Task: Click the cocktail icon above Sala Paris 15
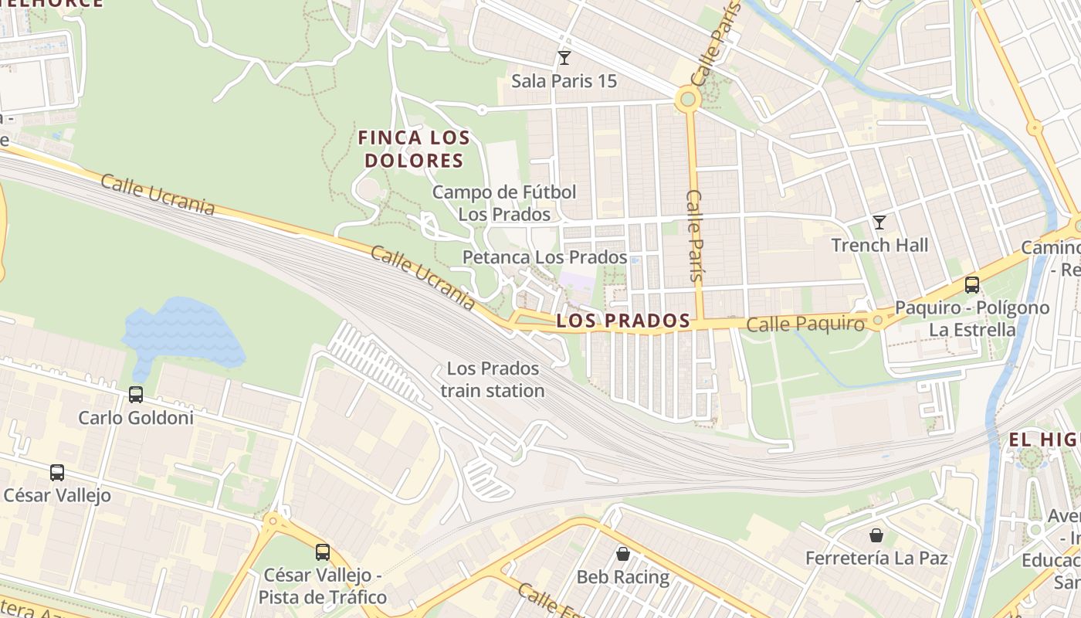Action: click(564, 58)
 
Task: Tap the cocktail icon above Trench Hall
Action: click(879, 222)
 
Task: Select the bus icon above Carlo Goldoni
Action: click(136, 395)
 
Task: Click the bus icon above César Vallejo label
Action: click(57, 472)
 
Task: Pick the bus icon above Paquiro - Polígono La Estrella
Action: click(972, 284)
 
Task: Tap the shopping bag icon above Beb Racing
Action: click(623, 553)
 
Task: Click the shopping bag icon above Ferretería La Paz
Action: click(876, 535)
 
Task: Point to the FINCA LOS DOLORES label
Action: click(415, 149)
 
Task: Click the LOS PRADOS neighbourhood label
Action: click(623, 321)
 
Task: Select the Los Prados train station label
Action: click(493, 379)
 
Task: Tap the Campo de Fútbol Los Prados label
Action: click(504, 202)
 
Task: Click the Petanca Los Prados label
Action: click(544, 256)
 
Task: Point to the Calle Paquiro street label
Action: click(805, 324)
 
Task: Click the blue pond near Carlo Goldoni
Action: click(181, 332)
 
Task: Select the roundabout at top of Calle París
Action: click(687, 99)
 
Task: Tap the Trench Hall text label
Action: click(879, 246)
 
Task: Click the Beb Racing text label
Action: click(623, 577)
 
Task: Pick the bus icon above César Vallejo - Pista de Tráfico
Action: click(323, 552)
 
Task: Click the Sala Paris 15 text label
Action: click(564, 81)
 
